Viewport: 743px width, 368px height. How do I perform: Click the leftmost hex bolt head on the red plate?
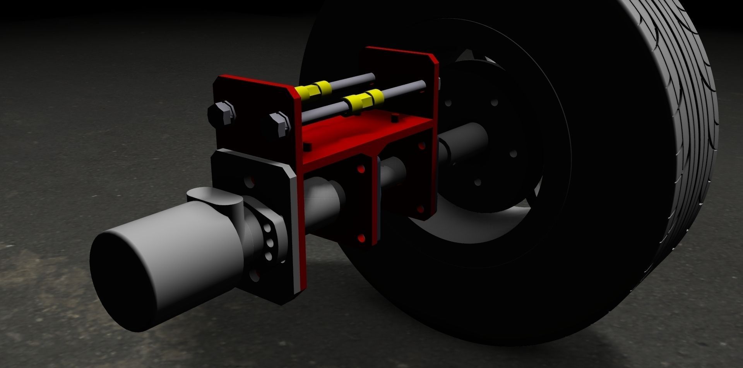(x=221, y=113)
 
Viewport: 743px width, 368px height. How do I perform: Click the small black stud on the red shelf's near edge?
(x=307, y=147)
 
